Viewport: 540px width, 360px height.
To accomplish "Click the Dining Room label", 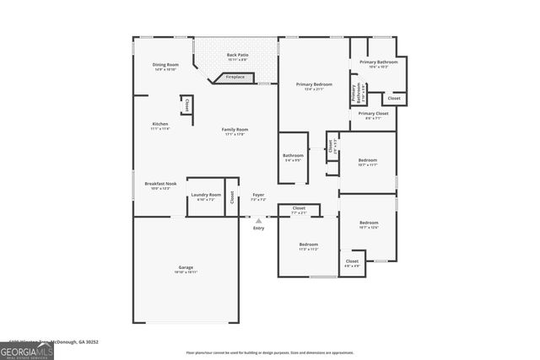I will tap(165, 67).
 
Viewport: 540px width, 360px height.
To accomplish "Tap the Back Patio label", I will tap(237, 57).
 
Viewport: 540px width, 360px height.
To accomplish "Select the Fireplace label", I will tap(235, 78).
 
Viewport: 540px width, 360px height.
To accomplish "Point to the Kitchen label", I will tap(160, 126).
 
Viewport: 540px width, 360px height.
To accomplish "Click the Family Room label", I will tap(235, 131).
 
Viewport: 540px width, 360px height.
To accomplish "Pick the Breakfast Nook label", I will tap(160, 185).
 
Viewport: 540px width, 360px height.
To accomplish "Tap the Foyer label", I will tap(259, 196).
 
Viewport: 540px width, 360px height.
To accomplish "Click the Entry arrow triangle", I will tap(259, 221).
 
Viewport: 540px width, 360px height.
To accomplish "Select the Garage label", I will tap(186, 269).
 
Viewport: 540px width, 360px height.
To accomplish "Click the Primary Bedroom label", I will tap(313, 86).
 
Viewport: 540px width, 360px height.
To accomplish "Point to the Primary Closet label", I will tap(373, 115).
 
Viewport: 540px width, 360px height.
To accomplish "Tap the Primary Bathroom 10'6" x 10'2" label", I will tap(379, 64).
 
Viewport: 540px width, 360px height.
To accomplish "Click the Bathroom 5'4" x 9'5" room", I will tap(293, 157).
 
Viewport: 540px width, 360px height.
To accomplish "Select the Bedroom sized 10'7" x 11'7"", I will tap(367, 162).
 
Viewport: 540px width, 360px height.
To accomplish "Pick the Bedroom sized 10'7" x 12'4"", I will tap(369, 224).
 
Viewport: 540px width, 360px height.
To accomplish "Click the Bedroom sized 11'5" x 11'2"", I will tap(308, 246).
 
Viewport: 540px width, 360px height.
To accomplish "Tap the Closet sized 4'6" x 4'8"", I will tap(352, 263).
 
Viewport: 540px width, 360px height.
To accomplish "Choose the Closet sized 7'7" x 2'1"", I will tap(299, 209).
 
